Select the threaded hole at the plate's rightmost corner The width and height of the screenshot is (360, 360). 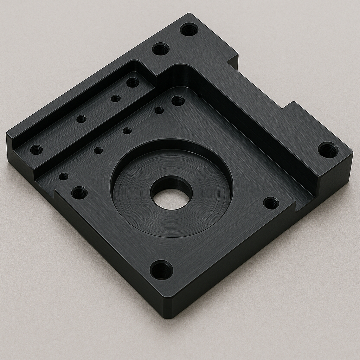(x=328, y=150)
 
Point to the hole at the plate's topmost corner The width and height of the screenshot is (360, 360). (x=189, y=29)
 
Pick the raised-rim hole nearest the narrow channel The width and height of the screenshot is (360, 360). (x=161, y=49)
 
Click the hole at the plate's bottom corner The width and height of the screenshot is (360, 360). (x=161, y=270)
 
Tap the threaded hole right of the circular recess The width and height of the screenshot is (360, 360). (x=271, y=203)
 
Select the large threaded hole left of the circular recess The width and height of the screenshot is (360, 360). (x=79, y=193)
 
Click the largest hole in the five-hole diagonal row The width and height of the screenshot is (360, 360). (x=178, y=101)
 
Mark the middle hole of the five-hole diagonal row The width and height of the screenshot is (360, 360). (x=127, y=131)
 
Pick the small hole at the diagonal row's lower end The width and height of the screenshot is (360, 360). (x=64, y=176)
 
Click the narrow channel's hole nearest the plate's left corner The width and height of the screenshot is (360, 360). (x=36, y=150)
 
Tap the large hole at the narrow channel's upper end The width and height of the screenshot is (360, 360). (x=133, y=83)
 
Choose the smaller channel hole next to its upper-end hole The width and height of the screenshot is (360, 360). (x=116, y=98)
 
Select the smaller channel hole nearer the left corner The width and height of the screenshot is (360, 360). (x=81, y=119)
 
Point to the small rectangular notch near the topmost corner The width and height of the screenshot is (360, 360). (x=233, y=61)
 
